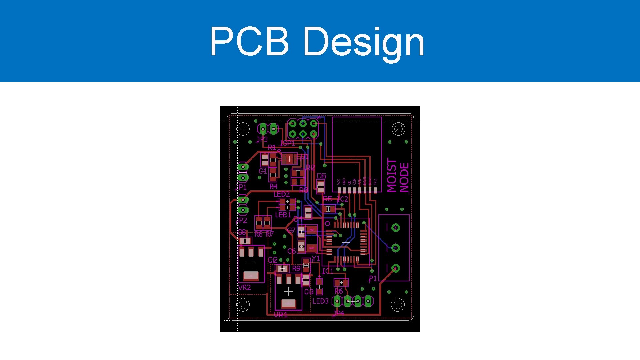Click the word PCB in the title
click(x=249, y=41)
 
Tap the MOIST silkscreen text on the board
click(x=392, y=175)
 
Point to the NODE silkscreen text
click(x=404, y=178)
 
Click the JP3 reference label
click(x=262, y=139)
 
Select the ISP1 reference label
click(x=287, y=143)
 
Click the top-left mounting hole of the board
click(x=243, y=129)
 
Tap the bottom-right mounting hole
click(x=397, y=305)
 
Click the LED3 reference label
click(x=320, y=301)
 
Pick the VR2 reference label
click(x=244, y=287)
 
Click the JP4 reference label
click(x=338, y=313)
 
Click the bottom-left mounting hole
click(x=243, y=305)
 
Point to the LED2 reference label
click(x=282, y=194)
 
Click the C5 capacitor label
click(x=321, y=176)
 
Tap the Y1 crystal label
click(x=316, y=259)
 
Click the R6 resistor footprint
click(x=341, y=283)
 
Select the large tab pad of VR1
click(x=288, y=303)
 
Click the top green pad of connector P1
click(x=395, y=228)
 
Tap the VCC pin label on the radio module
click(x=339, y=182)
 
